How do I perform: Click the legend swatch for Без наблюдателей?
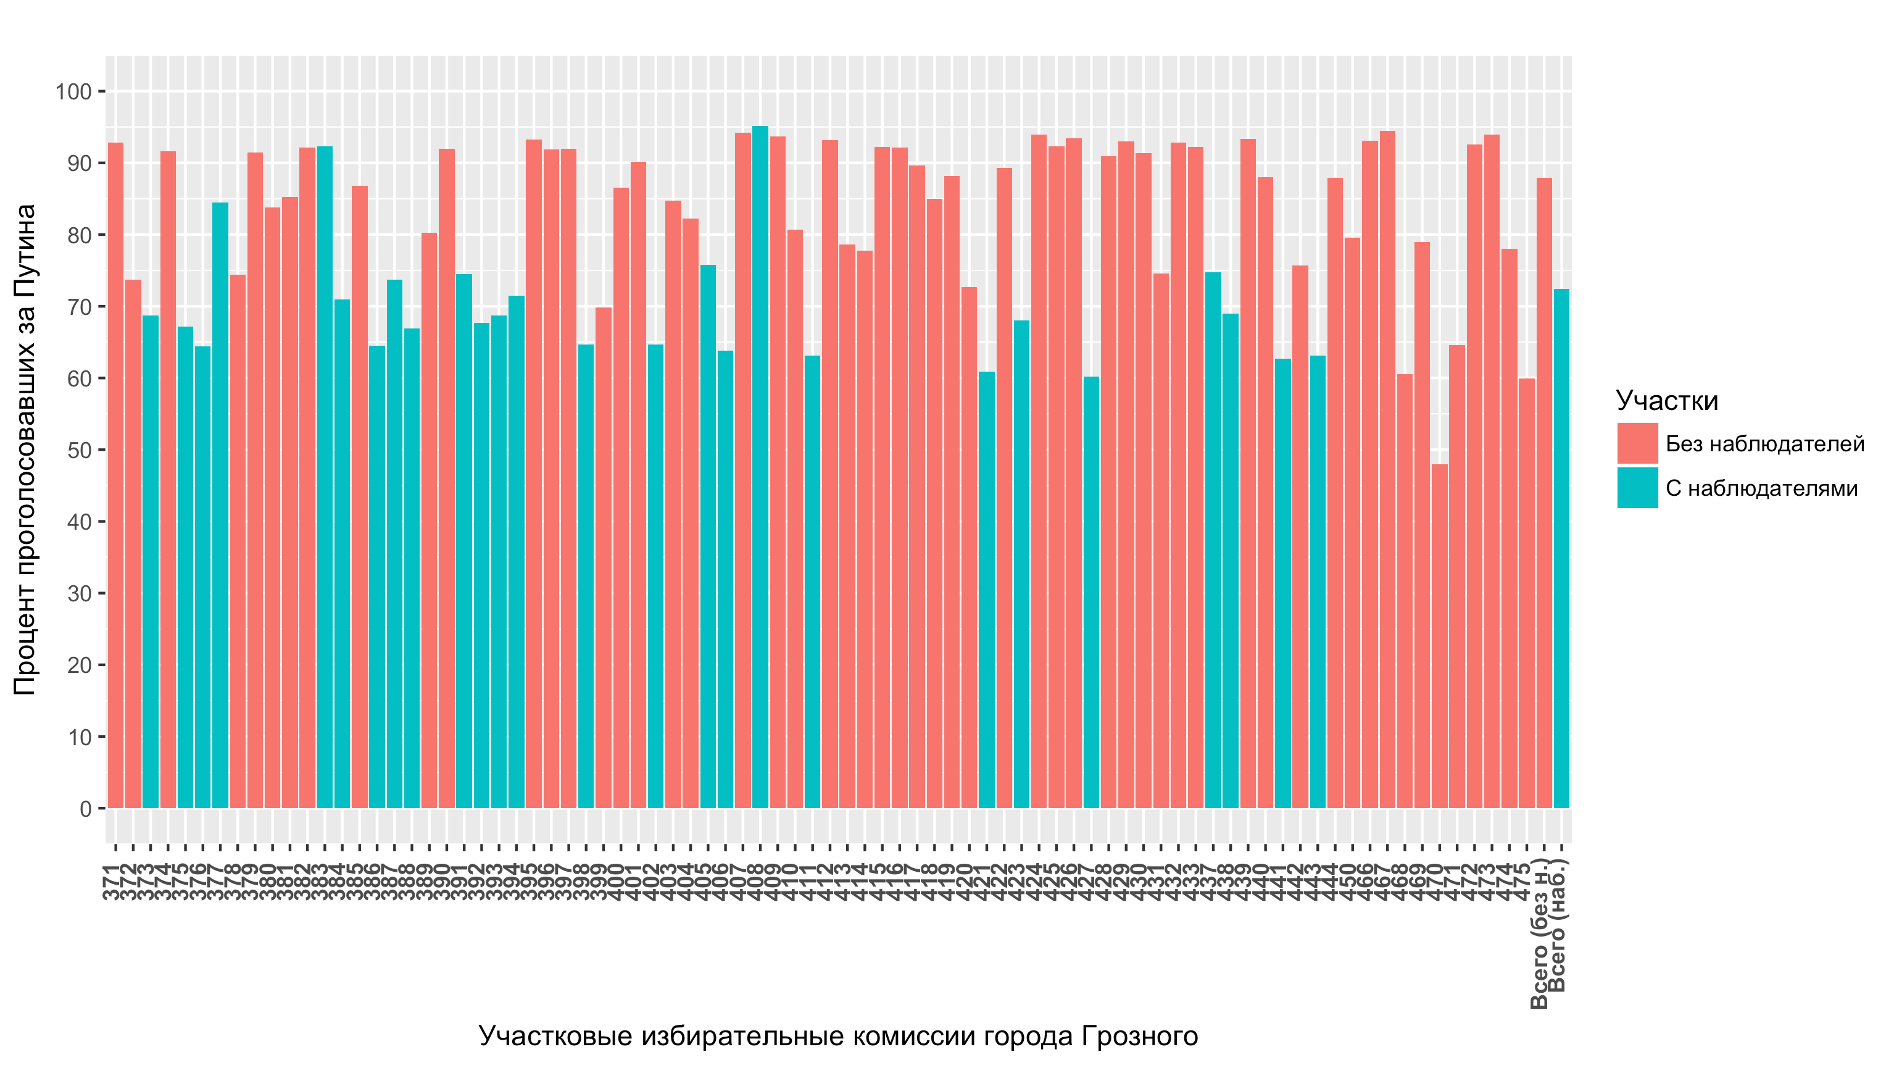[x=1637, y=443]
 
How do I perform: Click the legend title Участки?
[x=1667, y=401]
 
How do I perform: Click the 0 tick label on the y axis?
[x=85, y=809]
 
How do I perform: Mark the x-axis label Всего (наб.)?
[x=1559, y=927]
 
